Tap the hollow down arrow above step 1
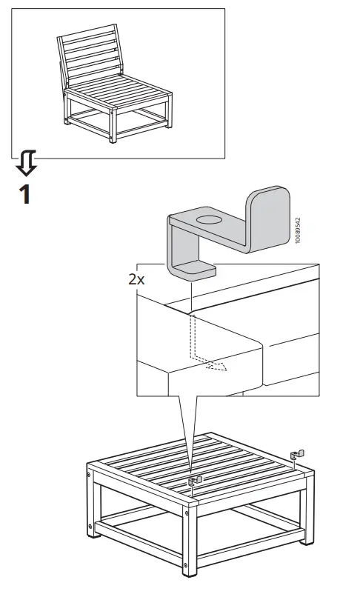tap(28, 161)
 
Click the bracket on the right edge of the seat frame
tap(298, 453)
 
